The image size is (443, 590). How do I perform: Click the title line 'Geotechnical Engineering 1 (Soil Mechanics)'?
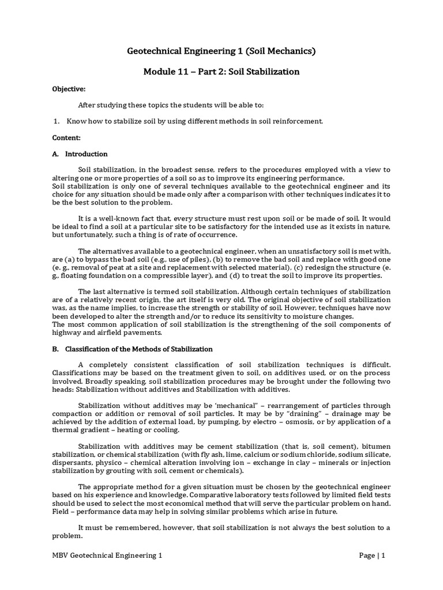click(221, 52)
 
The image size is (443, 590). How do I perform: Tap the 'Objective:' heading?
click(69, 89)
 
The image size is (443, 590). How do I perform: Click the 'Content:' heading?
click(66, 138)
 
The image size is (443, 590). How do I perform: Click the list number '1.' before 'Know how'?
click(57, 122)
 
